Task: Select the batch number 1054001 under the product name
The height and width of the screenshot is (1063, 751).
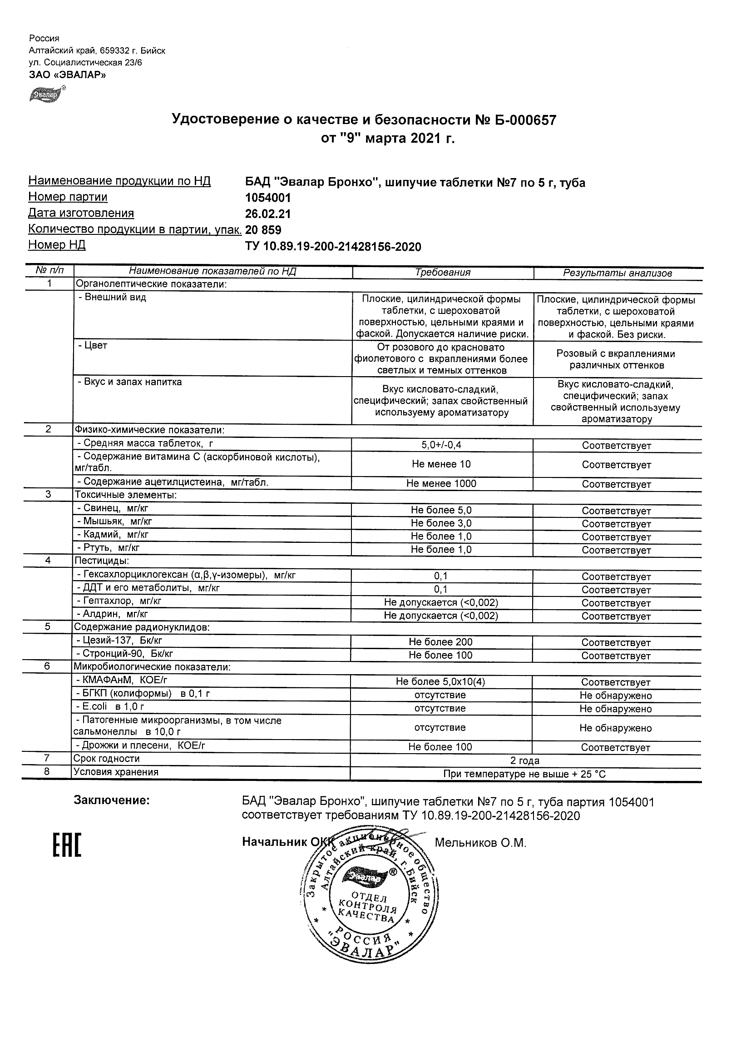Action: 268,198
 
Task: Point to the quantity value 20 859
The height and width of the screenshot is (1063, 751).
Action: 263,230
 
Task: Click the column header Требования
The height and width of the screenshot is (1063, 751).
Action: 443,273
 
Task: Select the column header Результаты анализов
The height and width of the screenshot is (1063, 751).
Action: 617,273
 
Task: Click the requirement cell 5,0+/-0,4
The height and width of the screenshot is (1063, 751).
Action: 441,445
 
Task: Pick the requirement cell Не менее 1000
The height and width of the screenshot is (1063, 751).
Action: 441,483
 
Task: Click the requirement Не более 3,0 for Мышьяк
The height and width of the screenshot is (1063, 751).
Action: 441,523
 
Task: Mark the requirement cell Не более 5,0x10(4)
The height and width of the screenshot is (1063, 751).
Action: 440,681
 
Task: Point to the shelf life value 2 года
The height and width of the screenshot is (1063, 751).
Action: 525,760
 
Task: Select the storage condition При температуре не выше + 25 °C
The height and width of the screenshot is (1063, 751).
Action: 525,774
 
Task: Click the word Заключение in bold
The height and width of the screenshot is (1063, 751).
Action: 112,801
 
